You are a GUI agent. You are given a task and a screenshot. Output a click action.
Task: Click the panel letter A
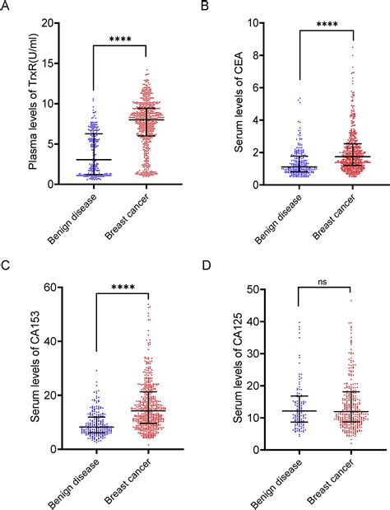click(7, 7)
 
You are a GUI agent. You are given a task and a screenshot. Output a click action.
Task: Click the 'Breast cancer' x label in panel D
click(326, 482)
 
